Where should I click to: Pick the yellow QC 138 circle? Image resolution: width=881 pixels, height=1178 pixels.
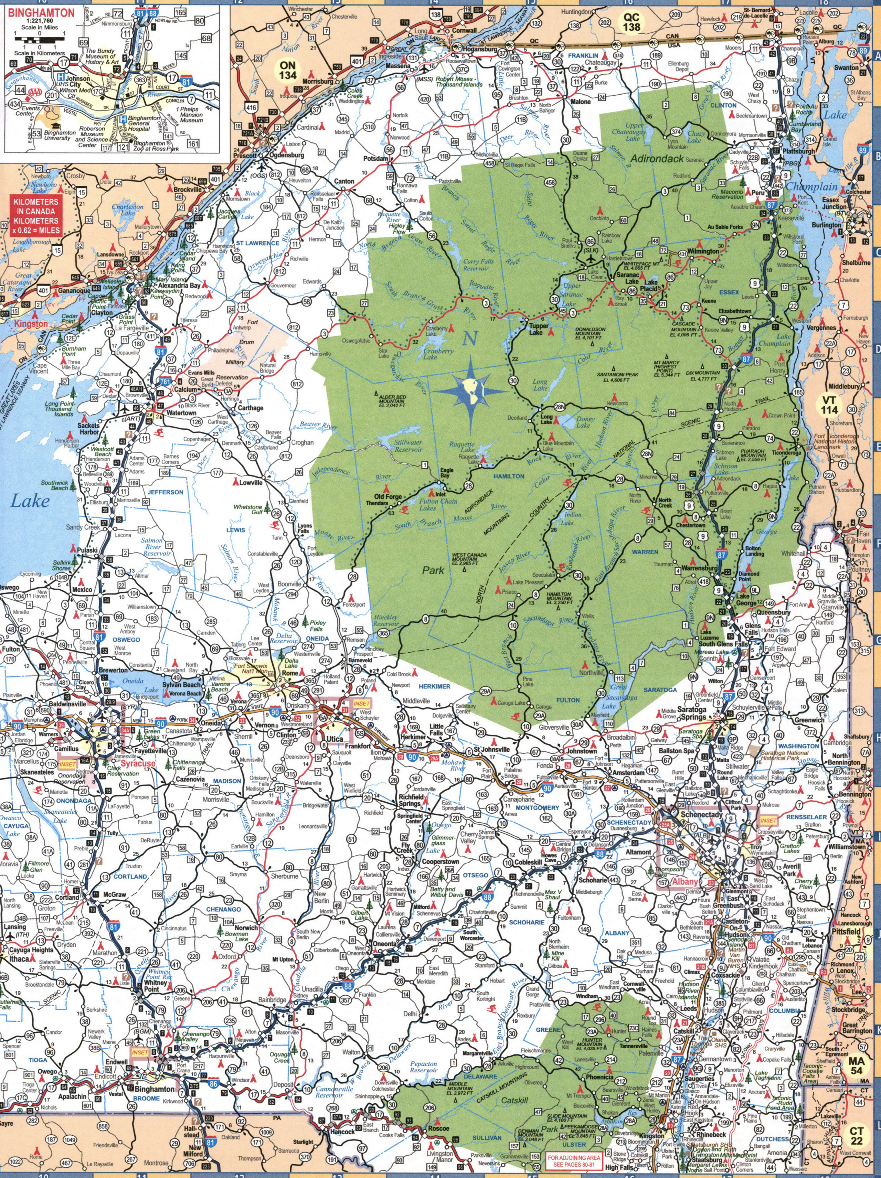pyautogui.click(x=632, y=22)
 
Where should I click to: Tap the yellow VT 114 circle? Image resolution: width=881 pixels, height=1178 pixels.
pyautogui.click(x=844, y=404)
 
